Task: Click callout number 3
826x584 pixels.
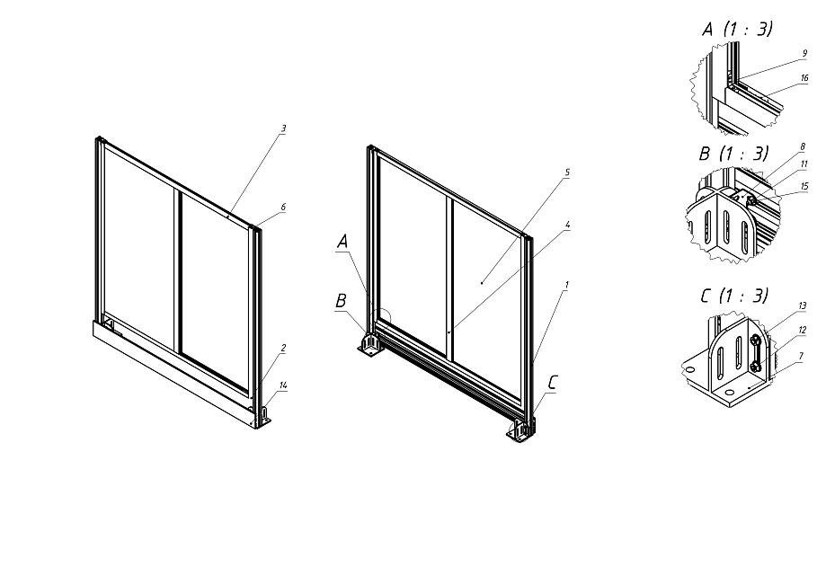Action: tap(283, 128)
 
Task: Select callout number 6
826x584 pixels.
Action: tap(283, 207)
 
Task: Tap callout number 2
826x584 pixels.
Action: tap(283, 348)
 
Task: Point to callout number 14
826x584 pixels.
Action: tap(283, 385)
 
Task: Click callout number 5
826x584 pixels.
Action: tap(567, 173)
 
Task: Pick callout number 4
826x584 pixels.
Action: tap(567, 225)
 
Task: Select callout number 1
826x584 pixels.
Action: tap(567, 285)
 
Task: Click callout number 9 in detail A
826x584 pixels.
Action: tap(804, 53)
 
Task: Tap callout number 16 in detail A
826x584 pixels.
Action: tap(804, 78)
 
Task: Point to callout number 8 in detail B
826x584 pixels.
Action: tap(803, 147)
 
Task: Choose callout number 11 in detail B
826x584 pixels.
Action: tap(804, 164)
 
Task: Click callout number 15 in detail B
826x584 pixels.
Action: tap(804, 186)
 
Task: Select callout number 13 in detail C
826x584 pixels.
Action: tap(803, 306)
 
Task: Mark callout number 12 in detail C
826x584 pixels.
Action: tap(803, 331)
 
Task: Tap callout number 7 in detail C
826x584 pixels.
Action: tap(801, 356)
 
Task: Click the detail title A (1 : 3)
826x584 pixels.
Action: tap(737, 29)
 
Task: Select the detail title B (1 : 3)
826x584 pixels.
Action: tap(733, 154)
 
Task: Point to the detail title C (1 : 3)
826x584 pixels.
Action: tap(734, 296)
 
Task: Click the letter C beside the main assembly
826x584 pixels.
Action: tap(552, 383)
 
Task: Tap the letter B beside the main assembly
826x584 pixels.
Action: tap(341, 301)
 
